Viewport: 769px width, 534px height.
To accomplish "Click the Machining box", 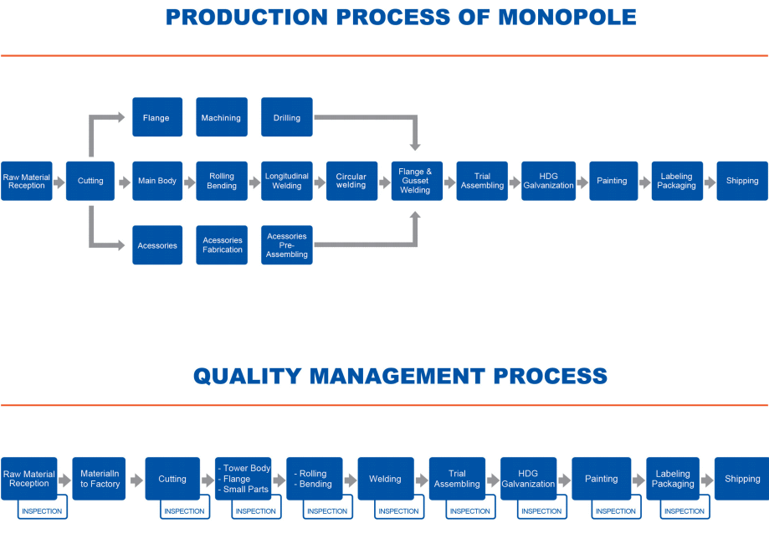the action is pos(222,117).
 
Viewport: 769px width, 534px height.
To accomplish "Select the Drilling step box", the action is pos(287,117).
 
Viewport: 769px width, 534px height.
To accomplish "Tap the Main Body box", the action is pos(157,181).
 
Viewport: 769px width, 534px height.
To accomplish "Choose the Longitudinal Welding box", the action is pos(287,181).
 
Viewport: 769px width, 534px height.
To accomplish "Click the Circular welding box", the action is pos(351,181).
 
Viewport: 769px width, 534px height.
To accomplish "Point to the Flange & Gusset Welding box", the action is pos(417,181).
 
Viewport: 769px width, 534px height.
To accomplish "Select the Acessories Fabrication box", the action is pos(222,245).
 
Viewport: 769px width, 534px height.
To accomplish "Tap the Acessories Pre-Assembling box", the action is pos(287,245).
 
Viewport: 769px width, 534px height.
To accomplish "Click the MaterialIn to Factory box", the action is pos(99,479).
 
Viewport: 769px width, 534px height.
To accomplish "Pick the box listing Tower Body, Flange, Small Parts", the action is pos(244,479).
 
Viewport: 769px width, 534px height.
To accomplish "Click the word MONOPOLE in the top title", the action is pos(567,18).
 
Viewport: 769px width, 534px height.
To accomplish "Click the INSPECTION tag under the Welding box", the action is pos(398,511).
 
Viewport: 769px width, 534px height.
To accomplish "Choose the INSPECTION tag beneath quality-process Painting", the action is pos(616,511).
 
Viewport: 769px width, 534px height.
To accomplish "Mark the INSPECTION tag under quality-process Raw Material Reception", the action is pos(42,511).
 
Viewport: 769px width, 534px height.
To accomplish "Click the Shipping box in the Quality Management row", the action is pos(742,479).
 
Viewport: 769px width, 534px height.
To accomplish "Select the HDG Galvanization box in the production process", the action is pos(548,181).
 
